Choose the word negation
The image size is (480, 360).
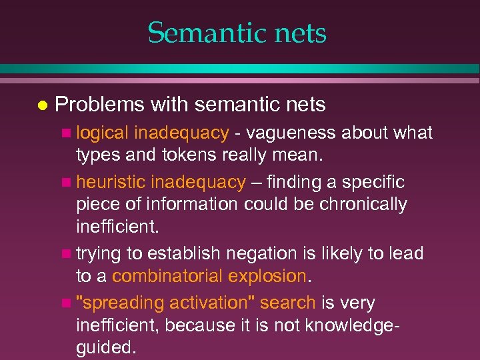[x=261, y=254]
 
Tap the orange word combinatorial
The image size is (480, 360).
[x=169, y=276]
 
